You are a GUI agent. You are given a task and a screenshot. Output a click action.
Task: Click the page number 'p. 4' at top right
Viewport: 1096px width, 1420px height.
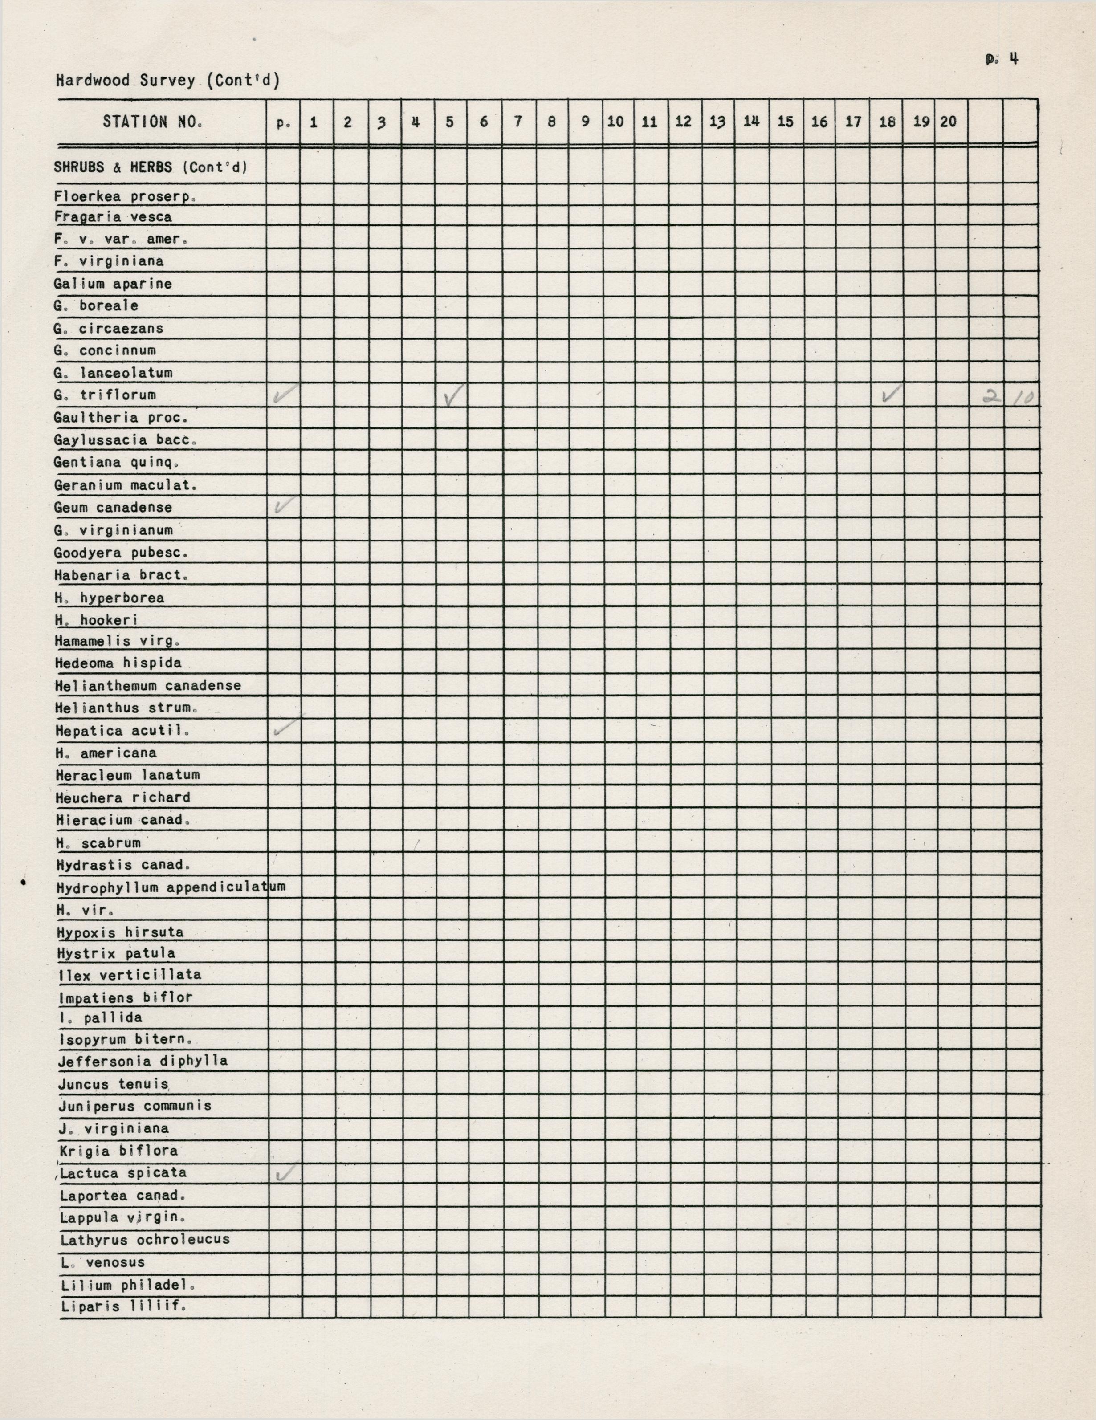pyautogui.click(x=1002, y=59)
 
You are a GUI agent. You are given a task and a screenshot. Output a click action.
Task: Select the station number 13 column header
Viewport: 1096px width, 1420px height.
pyautogui.click(x=717, y=122)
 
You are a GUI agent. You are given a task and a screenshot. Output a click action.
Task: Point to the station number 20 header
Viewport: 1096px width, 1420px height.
pyautogui.click(x=948, y=122)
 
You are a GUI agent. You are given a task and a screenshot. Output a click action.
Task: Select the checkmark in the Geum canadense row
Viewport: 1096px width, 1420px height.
pyautogui.click(x=285, y=505)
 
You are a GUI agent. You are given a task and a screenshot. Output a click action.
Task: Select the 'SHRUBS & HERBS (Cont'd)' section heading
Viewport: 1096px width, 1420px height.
pyautogui.click(x=150, y=167)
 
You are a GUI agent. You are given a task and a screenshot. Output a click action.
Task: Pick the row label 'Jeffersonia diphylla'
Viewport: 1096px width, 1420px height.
pyautogui.click(x=143, y=1061)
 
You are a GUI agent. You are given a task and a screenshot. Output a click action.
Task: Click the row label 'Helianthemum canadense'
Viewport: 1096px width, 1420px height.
pyautogui.click(x=148, y=685)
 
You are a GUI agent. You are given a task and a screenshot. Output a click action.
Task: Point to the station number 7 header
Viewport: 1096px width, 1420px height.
pyautogui.click(x=518, y=122)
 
